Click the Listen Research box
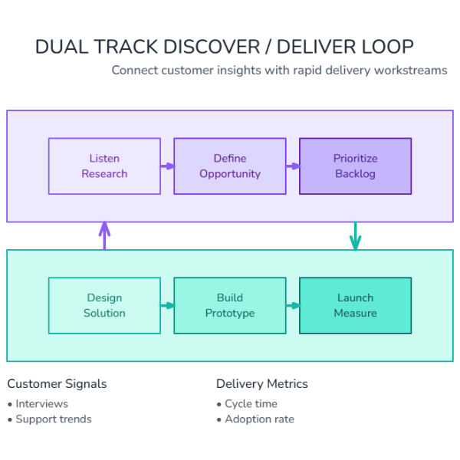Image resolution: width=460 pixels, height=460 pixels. pyautogui.click(x=104, y=166)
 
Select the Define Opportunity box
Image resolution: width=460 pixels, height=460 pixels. pyautogui.click(x=230, y=166)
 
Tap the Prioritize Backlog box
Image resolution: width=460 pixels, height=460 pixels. pyautogui.click(x=355, y=166)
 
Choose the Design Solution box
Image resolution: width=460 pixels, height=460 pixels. pyautogui.click(x=104, y=305)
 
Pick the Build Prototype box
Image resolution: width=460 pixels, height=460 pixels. pyautogui.click(x=230, y=305)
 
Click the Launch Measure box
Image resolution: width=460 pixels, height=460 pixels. pyautogui.click(x=355, y=305)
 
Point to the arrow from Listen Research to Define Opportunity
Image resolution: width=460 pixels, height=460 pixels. pyautogui.click(x=167, y=166)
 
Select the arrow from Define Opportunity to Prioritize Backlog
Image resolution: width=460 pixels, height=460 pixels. pyautogui.click(x=293, y=166)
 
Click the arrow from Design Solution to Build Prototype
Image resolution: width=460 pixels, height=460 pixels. pyautogui.click(x=167, y=305)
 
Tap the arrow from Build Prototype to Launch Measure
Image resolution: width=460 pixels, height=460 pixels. pyautogui.click(x=293, y=305)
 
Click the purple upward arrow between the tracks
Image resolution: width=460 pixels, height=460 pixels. pyautogui.click(x=104, y=236)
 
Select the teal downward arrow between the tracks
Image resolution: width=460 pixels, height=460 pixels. pyautogui.click(x=355, y=236)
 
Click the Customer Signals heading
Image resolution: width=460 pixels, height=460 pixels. pyautogui.click(x=57, y=383)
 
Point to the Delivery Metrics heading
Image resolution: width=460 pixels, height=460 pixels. pyautogui.click(x=261, y=383)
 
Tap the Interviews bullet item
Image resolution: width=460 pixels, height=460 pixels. pyautogui.click(x=41, y=403)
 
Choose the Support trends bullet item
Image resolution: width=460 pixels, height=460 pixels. pyautogui.click(x=53, y=419)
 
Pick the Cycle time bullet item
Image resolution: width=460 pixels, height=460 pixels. pyautogui.click(x=251, y=403)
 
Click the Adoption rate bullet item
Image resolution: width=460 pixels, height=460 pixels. pyautogui.click(x=259, y=419)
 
